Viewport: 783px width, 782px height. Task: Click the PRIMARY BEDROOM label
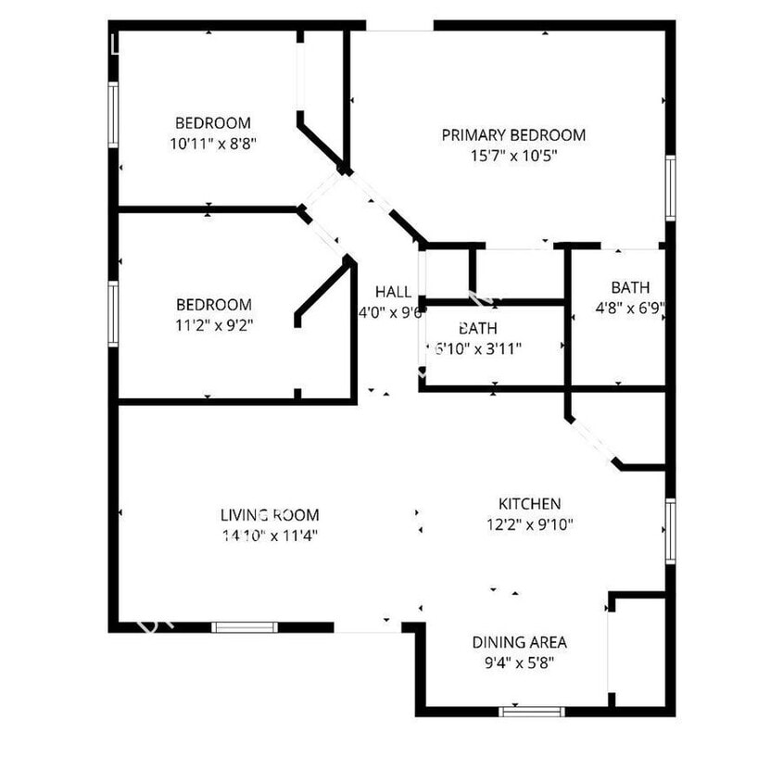point(513,135)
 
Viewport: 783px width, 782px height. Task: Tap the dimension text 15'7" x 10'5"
point(513,157)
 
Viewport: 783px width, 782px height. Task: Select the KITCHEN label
point(530,504)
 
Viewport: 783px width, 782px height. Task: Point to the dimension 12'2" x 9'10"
point(530,524)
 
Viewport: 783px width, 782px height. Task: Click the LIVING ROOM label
point(270,515)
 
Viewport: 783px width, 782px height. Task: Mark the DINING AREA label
point(519,642)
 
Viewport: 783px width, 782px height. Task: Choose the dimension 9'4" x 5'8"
point(519,662)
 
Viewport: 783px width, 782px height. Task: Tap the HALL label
point(393,292)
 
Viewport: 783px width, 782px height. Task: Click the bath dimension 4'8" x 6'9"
point(630,308)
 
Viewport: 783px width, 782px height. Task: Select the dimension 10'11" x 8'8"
point(213,144)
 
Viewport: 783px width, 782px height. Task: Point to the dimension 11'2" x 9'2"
point(213,325)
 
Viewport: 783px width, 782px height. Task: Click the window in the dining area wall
point(532,712)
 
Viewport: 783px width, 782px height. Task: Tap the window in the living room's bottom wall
point(245,627)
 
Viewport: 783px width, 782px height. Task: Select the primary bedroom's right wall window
point(670,188)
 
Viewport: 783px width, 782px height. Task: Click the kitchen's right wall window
point(670,531)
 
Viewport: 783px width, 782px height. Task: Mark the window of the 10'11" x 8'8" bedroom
point(113,114)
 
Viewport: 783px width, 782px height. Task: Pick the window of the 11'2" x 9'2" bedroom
point(113,314)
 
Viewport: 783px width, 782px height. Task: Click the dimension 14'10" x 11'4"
point(270,536)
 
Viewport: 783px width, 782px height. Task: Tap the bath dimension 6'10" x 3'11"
point(477,349)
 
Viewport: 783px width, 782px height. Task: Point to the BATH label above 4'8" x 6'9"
point(630,287)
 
